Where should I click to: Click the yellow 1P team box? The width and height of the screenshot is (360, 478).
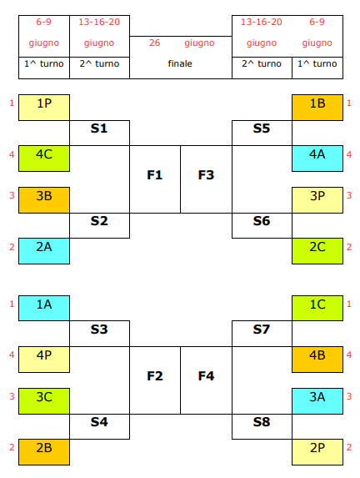[x=44, y=108]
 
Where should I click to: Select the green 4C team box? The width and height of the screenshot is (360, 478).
[x=44, y=158]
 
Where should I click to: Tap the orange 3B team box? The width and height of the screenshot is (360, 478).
[x=44, y=200]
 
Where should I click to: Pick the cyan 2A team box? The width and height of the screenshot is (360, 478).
[x=44, y=251]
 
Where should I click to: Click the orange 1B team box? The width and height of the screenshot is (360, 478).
[x=317, y=108]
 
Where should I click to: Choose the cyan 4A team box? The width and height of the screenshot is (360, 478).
[x=317, y=158]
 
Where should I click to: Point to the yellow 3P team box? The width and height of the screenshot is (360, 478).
[x=317, y=200]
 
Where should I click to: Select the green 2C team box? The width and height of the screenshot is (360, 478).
[x=317, y=251]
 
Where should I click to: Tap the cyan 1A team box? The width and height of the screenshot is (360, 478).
[x=44, y=308]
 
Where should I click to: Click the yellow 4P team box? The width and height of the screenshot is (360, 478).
[x=44, y=360]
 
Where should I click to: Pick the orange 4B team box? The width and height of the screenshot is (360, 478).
[x=317, y=360]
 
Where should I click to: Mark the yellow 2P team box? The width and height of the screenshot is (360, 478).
[x=317, y=452]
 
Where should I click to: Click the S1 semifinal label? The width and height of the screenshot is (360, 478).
[x=99, y=128]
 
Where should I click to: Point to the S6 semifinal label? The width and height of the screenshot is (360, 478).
[x=262, y=221]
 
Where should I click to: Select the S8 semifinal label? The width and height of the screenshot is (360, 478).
[x=262, y=422]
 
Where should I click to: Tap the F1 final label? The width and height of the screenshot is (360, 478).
[x=155, y=175]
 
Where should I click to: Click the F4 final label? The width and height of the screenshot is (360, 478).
[x=206, y=376]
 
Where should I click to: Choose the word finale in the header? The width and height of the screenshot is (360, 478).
[x=180, y=63]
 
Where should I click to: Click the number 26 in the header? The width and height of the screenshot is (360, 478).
[x=155, y=43]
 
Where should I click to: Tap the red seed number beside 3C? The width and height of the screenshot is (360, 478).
[x=12, y=396]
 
